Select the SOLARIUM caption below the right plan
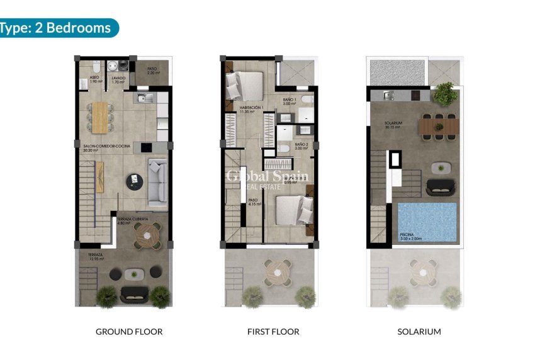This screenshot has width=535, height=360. point(419,331)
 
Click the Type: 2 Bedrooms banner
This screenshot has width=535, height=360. point(57,28)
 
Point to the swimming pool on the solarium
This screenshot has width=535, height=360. point(427,220)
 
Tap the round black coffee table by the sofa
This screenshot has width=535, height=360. point(133,181)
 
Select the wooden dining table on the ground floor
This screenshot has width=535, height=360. point(100,117)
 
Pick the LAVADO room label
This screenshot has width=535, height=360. point(118,79)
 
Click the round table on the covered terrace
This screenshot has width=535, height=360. point(149,236)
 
